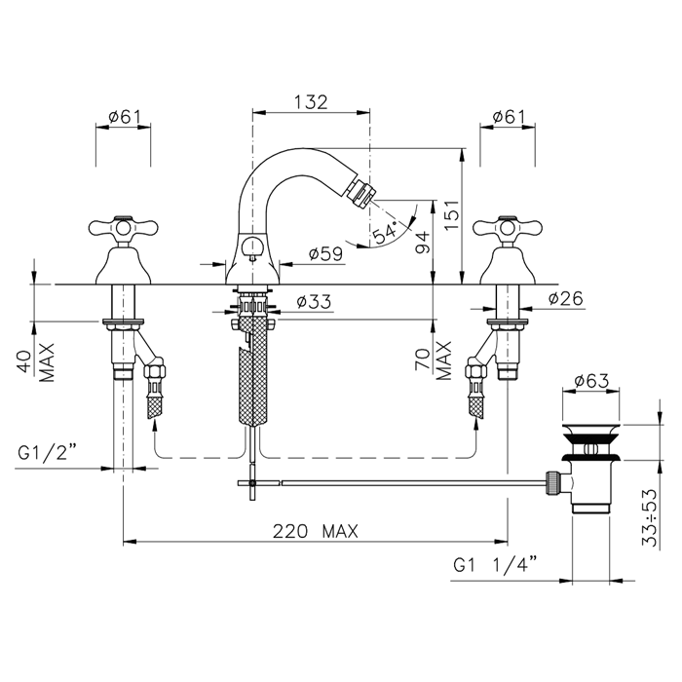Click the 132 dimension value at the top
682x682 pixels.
311,102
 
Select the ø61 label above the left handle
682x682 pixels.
125,117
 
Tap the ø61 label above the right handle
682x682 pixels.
509,117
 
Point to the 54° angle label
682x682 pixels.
385,232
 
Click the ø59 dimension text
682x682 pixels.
325,253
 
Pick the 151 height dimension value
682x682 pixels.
451,215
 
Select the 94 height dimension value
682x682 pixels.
422,244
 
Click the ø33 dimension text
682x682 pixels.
314,301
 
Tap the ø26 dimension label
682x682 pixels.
565,298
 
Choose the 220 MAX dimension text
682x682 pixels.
316,531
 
